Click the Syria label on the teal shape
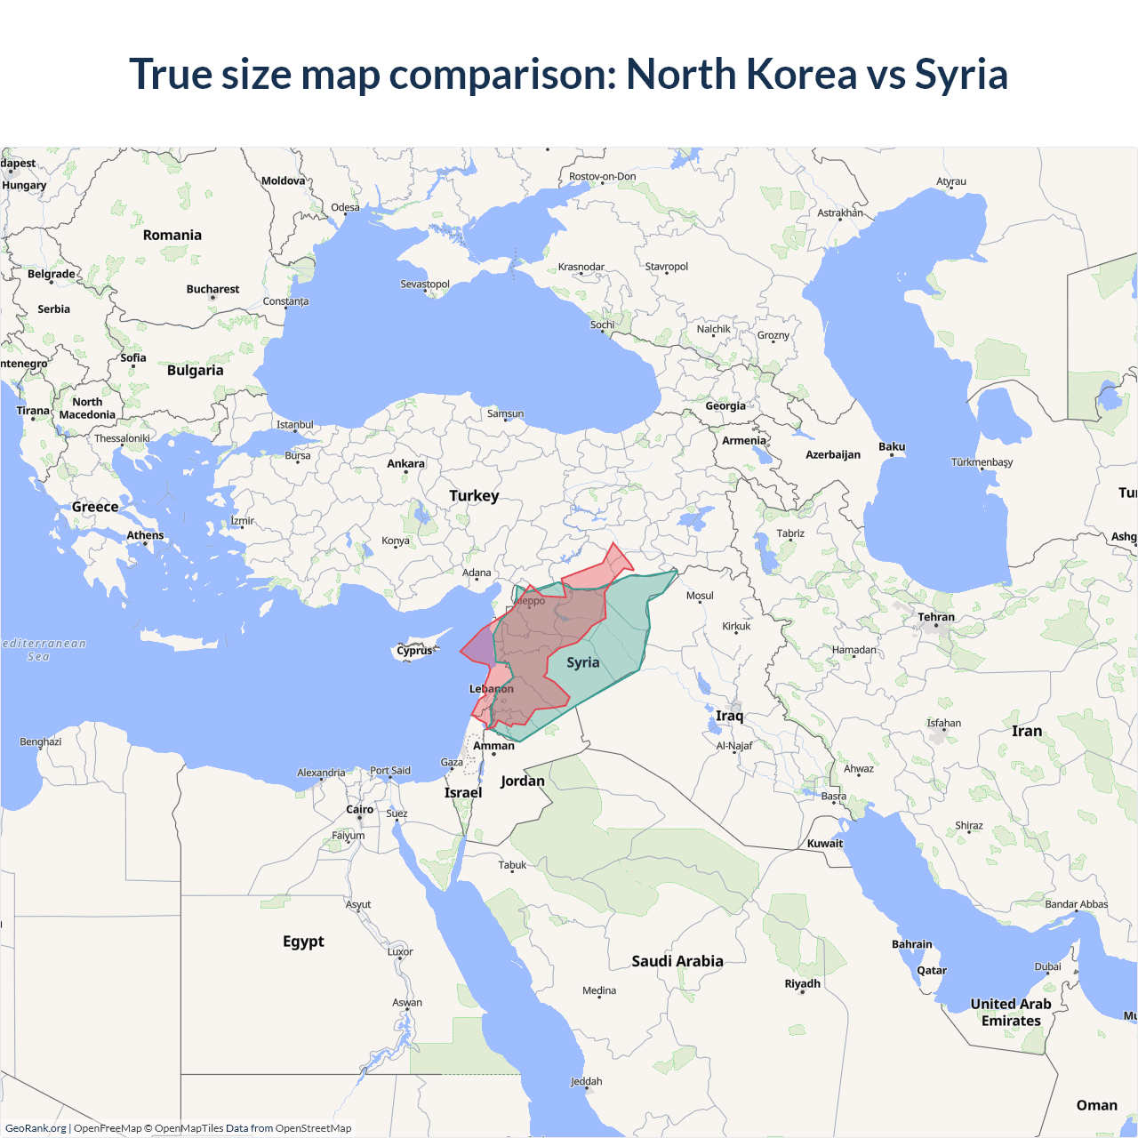pyautogui.click(x=583, y=662)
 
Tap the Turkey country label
pyautogui.click(x=474, y=495)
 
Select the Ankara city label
pyautogui.click(x=405, y=463)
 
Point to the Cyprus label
pyautogui.click(x=414, y=650)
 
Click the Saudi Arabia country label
pyautogui.click(x=677, y=961)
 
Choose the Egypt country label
pyautogui.click(x=303, y=941)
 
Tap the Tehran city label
pyautogui.click(x=936, y=616)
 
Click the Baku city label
pyautogui.click(x=892, y=446)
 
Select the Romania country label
pyautogui.click(x=172, y=235)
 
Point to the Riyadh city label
pyautogui.click(x=802, y=983)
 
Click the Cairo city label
pyautogui.click(x=359, y=809)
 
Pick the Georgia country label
pyautogui.click(x=725, y=405)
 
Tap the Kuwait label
pyautogui.click(x=825, y=843)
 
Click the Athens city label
pyautogui.click(x=145, y=534)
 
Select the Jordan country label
pyautogui.click(x=522, y=781)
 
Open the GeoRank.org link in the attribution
pyautogui.click(x=36, y=1128)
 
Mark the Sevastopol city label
pyautogui.click(x=425, y=284)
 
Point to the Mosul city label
pyautogui.click(x=700, y=596)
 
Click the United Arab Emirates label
pyautogui.click(x=1011, y=1012)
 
